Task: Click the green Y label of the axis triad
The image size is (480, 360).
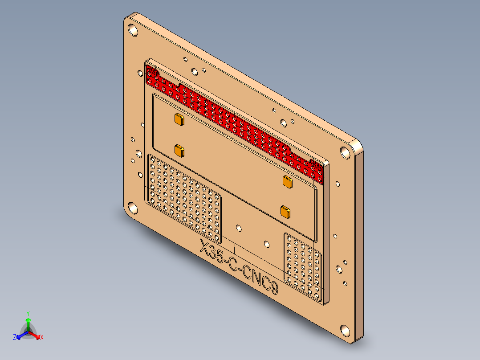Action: click(28, 313)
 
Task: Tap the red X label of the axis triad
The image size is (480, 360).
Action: click(42, 337)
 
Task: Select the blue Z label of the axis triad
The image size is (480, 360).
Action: click(15, 337)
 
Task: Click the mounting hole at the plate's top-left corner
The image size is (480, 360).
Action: click(133, 30)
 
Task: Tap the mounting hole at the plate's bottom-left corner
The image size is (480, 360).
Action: click(133, 207)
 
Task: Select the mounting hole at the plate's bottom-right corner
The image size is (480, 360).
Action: click(345, 331)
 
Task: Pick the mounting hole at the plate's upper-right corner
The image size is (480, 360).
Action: click(346, 152)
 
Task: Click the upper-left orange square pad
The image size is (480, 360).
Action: click(179, 119)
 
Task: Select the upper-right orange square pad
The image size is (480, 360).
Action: click(287, 181)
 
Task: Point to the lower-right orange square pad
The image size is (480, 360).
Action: click(285, 212)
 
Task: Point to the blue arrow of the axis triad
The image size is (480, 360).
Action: click(21, 335)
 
